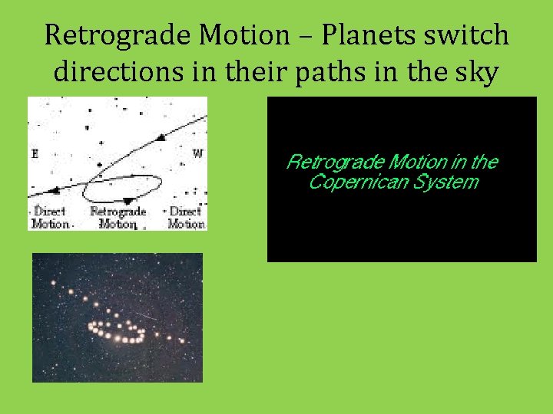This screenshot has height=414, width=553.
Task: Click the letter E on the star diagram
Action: coord(35,154)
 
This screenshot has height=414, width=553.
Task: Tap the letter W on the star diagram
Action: coord(197,153)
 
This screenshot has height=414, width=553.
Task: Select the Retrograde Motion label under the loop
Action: coord(118,218)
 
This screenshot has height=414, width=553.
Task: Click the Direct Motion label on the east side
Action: coord(49,218)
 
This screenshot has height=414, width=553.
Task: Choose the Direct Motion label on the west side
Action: coord(186,218)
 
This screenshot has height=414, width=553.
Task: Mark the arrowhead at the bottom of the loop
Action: coord(127,201)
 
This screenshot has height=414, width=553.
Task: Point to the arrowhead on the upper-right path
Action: coord(161,138)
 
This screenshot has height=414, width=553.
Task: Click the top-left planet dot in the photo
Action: coord(53,284)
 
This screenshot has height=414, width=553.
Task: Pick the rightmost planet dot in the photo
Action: coord(182,341)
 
